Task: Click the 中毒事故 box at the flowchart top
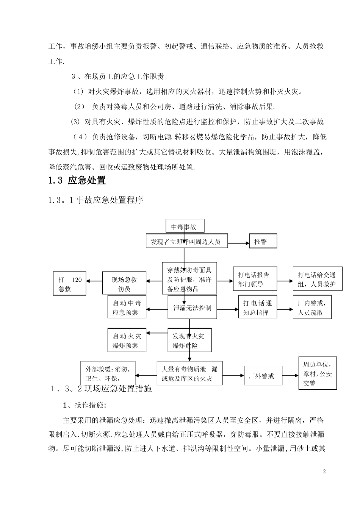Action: click(x=185, y=226)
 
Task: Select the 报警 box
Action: click(x=263, y=242)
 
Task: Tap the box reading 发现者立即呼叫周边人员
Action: click(x=187, y=241)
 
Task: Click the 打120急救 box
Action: click(x=70, y=284)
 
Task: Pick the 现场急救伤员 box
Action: click(x=124, y=284)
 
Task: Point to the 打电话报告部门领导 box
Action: click(x=254, y=279)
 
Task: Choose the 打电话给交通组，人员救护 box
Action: click(x=317, y=279)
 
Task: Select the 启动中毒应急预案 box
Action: click(x=127, y=308)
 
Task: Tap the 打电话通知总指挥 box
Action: click(x=258, y=308)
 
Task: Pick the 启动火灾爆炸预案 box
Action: click(x=127, y=340)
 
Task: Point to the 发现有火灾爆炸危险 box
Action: click(x=189, y=340)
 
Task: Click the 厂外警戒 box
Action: click(x=263, y=376)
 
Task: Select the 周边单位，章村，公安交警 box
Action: click(x=317, y=373)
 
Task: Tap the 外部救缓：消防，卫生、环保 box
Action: click(x=108, y=373)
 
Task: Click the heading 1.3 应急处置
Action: click(x=77, y=180)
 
